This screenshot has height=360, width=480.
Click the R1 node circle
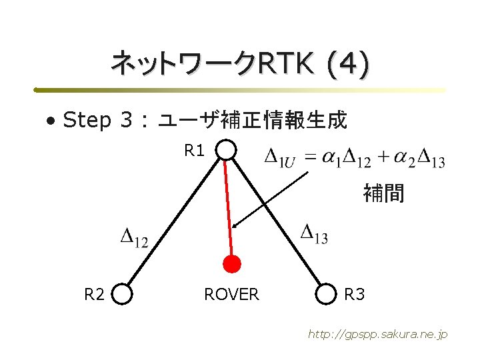click(227, 151)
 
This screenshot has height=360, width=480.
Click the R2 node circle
click(123, 293)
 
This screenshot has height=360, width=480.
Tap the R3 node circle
click(326, 293)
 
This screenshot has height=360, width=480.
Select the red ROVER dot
click(231, 265)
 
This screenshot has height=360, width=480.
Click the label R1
click(195, 151)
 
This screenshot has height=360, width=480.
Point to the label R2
click(94, 294)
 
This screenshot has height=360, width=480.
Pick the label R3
click(355, 294)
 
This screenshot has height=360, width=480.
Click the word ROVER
click(231, 294)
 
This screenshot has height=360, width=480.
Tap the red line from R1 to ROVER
click(229, 207)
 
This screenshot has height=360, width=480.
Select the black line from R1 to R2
click(175, 222)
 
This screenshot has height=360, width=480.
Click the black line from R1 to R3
click(277, 222)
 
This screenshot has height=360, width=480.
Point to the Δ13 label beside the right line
click(314, 233)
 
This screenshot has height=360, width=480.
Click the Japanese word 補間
click(383, 194)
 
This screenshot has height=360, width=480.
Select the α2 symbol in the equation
click(401, 159)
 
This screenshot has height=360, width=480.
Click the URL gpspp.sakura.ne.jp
click(377, 334)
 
